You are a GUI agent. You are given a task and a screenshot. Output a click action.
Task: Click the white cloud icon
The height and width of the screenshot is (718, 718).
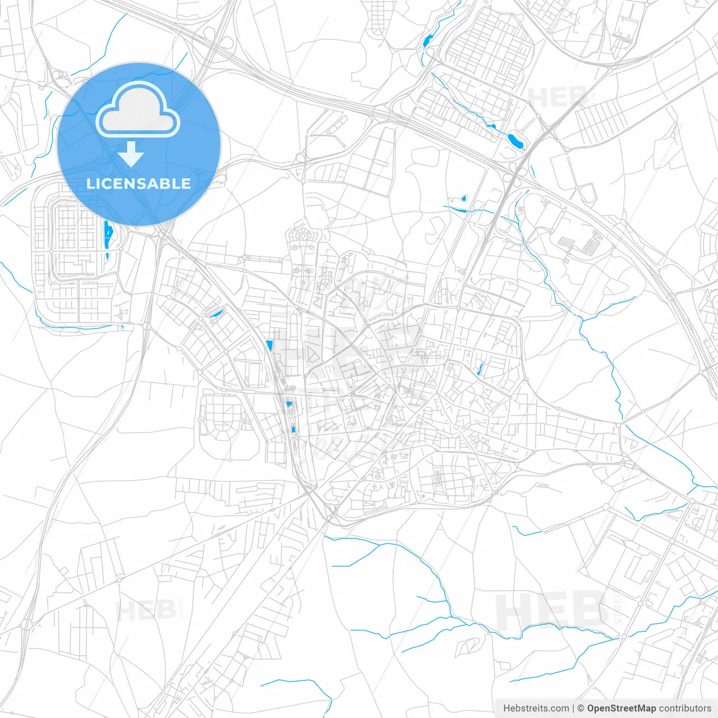coord(138,110)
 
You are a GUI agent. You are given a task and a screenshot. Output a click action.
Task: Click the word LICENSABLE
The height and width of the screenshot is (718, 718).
coord(139,183)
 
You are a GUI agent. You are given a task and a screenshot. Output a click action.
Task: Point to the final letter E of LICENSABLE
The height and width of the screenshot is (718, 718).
coord(185,183)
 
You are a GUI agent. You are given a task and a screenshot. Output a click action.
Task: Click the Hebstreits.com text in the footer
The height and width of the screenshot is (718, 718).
coord(536,708)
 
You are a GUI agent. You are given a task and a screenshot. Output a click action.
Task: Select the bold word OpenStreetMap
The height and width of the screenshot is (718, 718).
coord(622,708)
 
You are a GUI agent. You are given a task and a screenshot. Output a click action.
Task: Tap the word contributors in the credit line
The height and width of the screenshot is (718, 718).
coord(685,708)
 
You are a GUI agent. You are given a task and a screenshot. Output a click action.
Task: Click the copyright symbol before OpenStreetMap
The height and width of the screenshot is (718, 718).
coord(581,708)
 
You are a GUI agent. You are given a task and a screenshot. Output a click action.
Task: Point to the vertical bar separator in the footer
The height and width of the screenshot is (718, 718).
coord(574,708)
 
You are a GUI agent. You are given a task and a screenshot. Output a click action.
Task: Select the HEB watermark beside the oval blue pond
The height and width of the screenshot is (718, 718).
coord(558,98)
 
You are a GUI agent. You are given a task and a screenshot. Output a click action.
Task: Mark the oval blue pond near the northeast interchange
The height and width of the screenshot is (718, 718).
coord(516,141)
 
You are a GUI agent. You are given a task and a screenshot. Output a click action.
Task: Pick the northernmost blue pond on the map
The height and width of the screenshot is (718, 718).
coord(428,40)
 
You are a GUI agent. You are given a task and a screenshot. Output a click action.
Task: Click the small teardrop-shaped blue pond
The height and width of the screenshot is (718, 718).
coord(463,199)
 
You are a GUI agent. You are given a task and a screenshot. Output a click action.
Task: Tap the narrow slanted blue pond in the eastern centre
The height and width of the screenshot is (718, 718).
coord(480,369)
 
